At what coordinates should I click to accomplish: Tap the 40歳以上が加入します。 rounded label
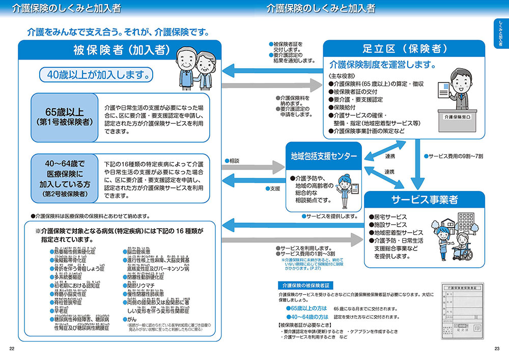pyautogui.click(x=97, y=75)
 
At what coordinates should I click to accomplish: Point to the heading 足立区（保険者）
pyautogui.click(x=405, y=49)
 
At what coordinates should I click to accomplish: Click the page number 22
pyautogui.click(x=12, y=348)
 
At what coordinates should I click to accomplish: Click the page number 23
pyautogui.click(x=497, y=348)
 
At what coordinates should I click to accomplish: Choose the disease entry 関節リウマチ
pyautogui.click(x=145, y=285)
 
